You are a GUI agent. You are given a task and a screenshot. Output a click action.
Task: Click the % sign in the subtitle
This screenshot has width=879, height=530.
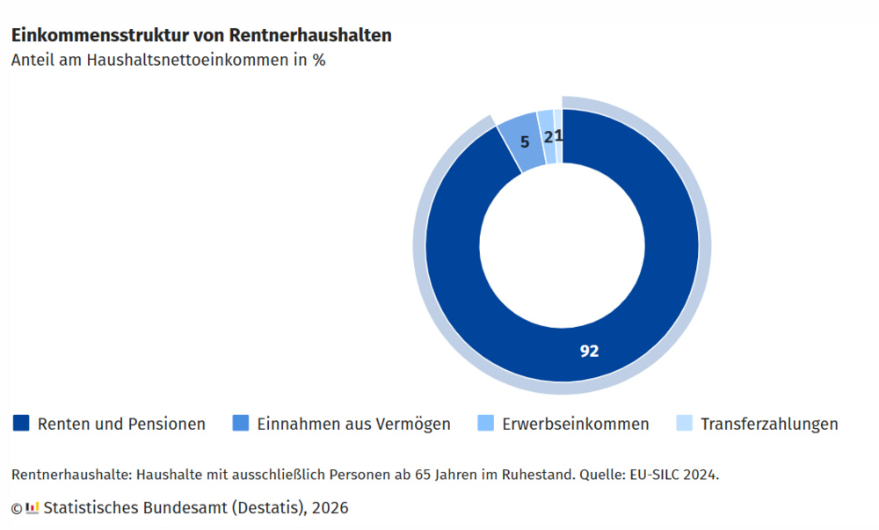click(319, 61)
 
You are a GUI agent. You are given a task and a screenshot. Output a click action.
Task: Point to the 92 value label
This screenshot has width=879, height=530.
click(589, 351)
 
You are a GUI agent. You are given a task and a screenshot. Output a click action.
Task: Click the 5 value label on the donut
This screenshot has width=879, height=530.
click(525, 140)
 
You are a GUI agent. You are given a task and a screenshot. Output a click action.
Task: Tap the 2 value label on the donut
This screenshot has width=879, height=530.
click(548, 136)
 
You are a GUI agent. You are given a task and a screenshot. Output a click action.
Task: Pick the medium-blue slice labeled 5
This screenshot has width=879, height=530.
click(517, 132)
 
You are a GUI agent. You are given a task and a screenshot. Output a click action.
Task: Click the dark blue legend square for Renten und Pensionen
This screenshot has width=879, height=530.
click(21, 424)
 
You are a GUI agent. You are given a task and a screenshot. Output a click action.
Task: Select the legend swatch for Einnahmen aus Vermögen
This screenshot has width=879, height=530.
click(241, 424)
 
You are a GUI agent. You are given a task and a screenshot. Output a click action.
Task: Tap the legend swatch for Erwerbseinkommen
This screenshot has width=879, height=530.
click(485, 424)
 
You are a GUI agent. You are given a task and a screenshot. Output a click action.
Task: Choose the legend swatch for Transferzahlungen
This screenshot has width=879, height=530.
click(684, 424)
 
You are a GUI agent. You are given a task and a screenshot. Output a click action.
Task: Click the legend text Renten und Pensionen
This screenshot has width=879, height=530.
click(121, 424)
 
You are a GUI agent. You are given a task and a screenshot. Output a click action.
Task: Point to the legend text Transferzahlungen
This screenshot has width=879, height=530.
click(769, 424)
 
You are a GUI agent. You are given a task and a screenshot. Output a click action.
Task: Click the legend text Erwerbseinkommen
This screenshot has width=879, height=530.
click(576, 424)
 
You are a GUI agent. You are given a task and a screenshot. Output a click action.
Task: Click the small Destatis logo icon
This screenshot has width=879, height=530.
click(33, 507)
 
